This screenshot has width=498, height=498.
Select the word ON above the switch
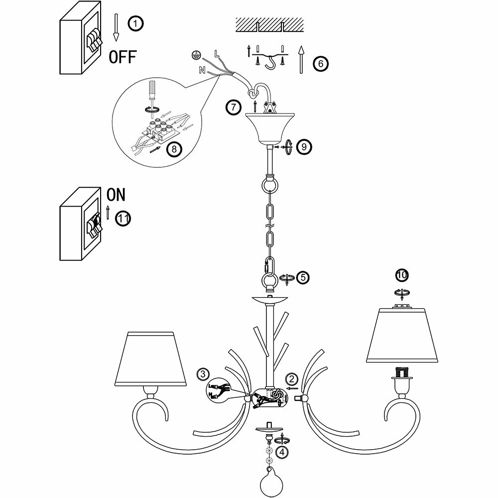tap(117, 194)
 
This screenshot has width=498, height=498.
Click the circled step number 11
tap(123, 218)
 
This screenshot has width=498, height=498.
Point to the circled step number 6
tap(320, 63)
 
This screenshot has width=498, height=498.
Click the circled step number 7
tap(233, 107)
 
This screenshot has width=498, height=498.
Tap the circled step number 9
tap(303, 146)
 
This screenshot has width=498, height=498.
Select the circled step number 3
tap(202, 373)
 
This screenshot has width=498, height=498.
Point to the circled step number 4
tap(282, 452)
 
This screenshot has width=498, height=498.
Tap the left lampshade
tap(150, 359)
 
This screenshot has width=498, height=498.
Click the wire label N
tap(201, 70)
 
